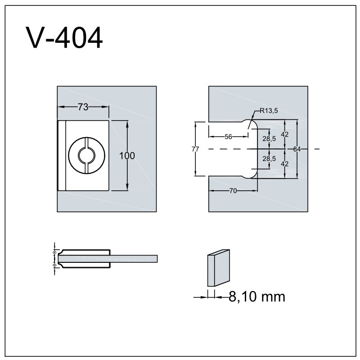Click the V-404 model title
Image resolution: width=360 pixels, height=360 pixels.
click(x=64, y=37)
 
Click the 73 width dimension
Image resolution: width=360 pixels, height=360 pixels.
click(x=83, y=107)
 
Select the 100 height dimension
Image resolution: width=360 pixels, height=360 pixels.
click(x=127, y=156)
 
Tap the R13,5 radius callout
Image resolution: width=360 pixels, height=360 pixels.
click(x=269, y=111)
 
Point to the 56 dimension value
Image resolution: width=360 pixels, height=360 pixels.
click(x=228, y=137)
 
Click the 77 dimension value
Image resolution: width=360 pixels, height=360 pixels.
click(x=195, y=149)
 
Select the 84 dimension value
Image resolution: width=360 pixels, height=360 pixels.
click(x=297, y=149)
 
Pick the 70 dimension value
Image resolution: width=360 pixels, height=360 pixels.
click(x=233, y=191)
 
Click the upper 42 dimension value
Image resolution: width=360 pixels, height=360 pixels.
click(x=285, y=134)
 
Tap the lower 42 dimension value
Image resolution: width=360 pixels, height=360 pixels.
click(x=285, y=164)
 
